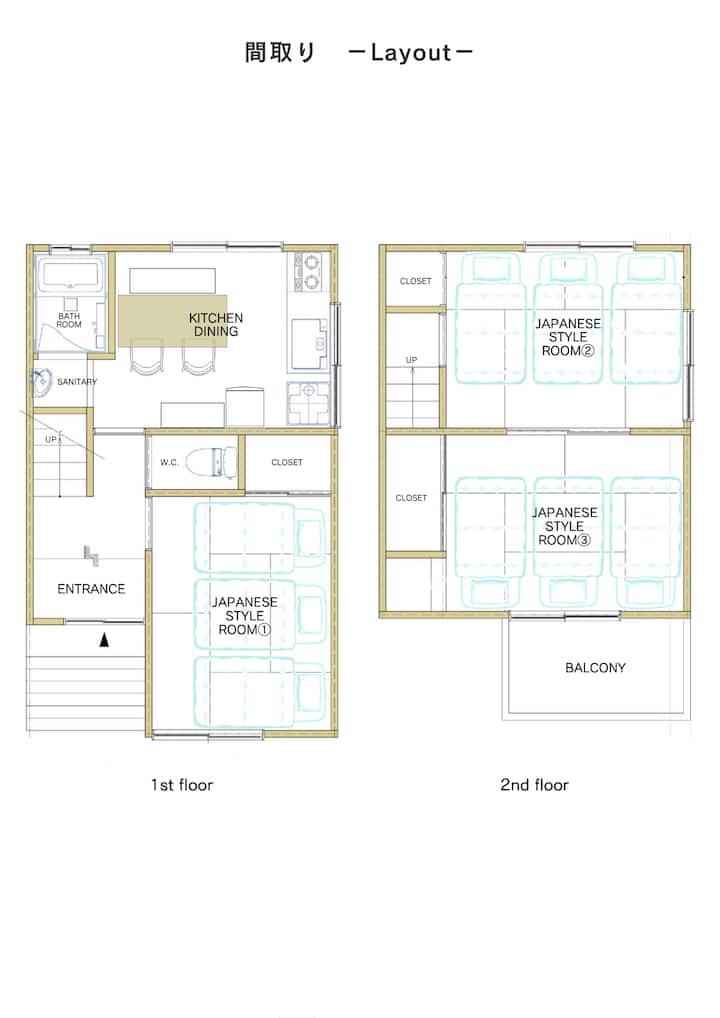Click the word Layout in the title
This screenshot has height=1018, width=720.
pyautogui.click(x=411, y=53)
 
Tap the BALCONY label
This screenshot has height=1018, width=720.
pyautogui.click(x=595, y=667)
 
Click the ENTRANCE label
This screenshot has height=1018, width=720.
pyautogui.click(x=91, y=589)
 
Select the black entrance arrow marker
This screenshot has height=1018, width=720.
pyautogui.click(x=104, y=641)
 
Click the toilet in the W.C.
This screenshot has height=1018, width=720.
pyautogui.click(x=212, y=462)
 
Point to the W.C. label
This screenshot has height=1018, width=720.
pyautogui.click(x=169, y=462)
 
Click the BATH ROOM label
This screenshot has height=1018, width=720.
pyautogui.click(x=69, y=320)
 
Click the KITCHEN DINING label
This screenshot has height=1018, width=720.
pyautogui.click(x=216, y=324)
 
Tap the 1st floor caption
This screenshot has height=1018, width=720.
pyautogui.click(x=182, y=785)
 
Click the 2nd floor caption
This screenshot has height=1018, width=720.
pyautogui.click(x=534, y=785)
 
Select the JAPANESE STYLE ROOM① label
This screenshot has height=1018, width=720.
pyautogui.click(x=245, y=615)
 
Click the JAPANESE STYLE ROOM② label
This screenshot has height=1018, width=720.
pyautogui.click(x=568, y=337)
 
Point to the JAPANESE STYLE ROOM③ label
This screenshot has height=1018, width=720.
pyautogui.click(x=565, y=526)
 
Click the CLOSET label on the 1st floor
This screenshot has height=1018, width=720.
pyautogui.click(x=287, y=462)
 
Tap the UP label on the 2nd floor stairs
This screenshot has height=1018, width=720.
pyautogui.click(x=412, y=360)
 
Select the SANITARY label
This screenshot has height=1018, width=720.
pyautogui.click(x=77, y=382)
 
